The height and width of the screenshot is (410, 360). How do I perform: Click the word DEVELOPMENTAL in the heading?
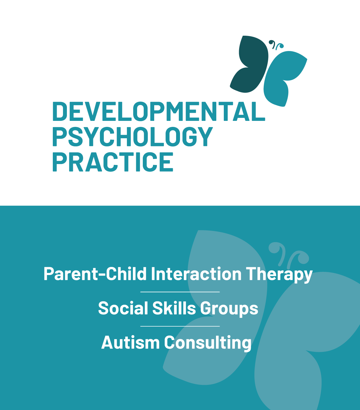pyautogui.click(x=159, y=111)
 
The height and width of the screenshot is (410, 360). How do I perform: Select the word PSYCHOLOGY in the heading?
pyautogui.click(x=133, y=136)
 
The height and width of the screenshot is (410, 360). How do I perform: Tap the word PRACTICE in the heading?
pyautogui.click(x=113, y=162)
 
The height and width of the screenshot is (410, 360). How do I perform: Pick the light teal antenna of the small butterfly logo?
pyautogui.click(x=280, y=46)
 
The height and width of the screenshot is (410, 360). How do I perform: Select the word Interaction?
pyautogui.click(x=196, y=274)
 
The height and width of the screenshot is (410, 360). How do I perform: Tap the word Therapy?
pyautogui.click(x=279, y=275)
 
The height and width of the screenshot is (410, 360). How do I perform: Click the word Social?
pyautogui.click(x=123, y=308)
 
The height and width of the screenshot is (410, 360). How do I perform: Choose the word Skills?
pyautogui.click(x=174, y=308)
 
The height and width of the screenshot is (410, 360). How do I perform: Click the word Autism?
pyautogui.click(x=130, y=342)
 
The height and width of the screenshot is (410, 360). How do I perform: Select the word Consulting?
pyautogui.click(x=208, y=343)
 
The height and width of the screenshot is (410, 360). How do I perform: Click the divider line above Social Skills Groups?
pyautogui.click(x=180, y=292)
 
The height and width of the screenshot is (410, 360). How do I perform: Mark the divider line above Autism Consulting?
pyautogui.click(x=180, y=326)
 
